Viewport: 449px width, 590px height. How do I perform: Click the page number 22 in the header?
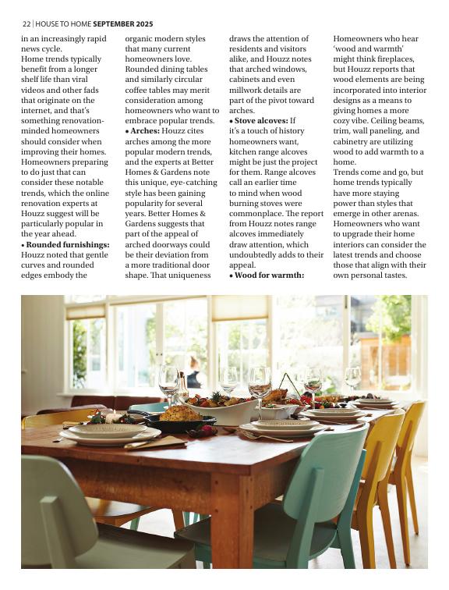pyautogui.click(x=26, y=24)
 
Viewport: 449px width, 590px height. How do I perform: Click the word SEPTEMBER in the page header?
pyautogui.click(x=114, y=24)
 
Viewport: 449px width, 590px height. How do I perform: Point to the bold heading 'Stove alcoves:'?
pyautogui.click(x=260, y=122)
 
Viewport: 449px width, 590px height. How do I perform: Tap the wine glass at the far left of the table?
pyautogui.click(x=168, y=382)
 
